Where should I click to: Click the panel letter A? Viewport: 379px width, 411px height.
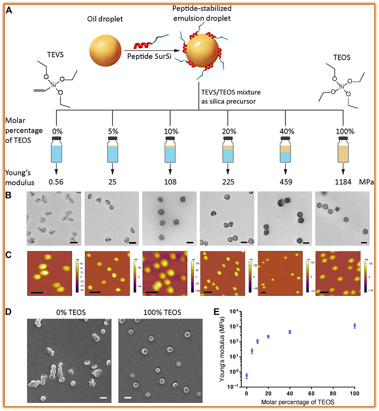point(9,9)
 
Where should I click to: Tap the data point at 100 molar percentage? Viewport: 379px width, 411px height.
point(355,326)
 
